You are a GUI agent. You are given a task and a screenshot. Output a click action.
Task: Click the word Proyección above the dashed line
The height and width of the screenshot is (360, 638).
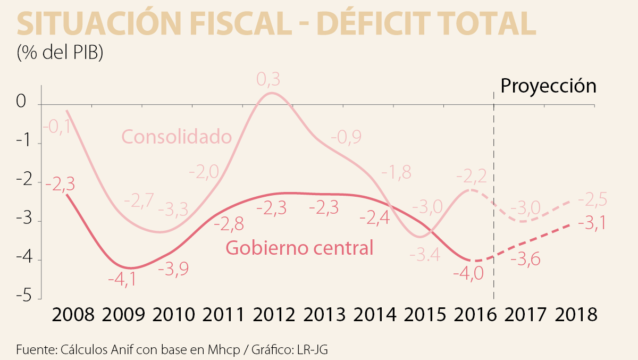point(548,86)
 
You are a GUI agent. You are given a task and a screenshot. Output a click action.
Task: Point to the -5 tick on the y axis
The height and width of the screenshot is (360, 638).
point(21,296)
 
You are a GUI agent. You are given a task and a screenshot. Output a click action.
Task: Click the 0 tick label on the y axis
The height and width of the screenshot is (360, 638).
point(21,102)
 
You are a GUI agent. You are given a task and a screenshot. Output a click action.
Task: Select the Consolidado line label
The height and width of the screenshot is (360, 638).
point(177,137)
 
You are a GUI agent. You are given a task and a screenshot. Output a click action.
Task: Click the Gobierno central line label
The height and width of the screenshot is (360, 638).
point(299,248)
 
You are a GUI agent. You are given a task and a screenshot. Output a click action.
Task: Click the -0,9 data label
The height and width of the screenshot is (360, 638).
point(346,137)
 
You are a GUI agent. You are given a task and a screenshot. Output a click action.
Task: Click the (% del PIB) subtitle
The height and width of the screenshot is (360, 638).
point(60,53)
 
